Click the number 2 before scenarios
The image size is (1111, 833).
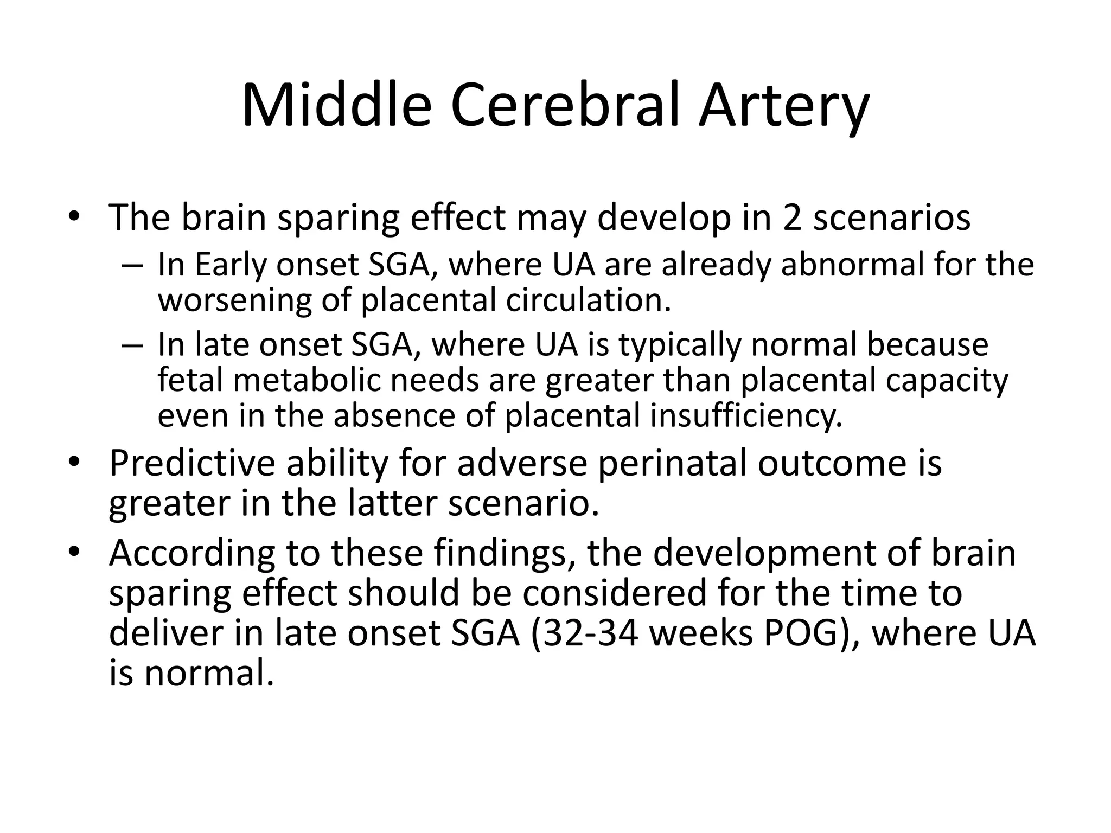tap(791, 217)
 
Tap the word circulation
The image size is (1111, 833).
tap(589, 300)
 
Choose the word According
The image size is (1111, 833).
tap(192, 554)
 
